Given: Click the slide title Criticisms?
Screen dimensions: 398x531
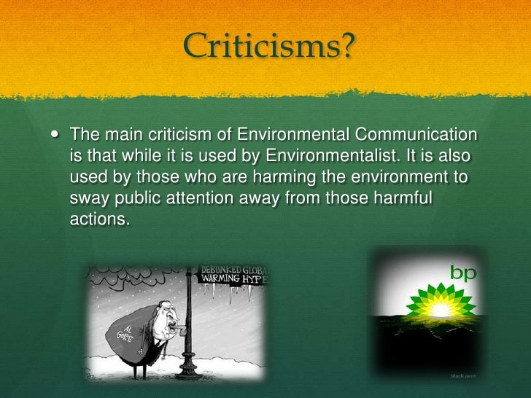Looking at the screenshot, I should (269, 48).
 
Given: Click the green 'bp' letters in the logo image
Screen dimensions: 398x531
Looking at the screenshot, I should (462, 273).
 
